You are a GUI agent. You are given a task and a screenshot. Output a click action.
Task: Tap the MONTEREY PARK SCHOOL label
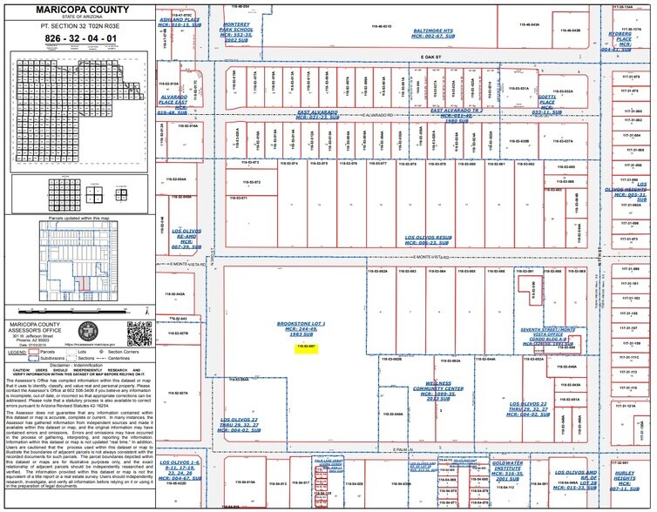point(238,33)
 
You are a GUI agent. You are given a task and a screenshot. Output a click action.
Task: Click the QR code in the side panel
point(136,333)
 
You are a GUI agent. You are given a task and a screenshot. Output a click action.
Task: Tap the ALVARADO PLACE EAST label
point(173,104)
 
